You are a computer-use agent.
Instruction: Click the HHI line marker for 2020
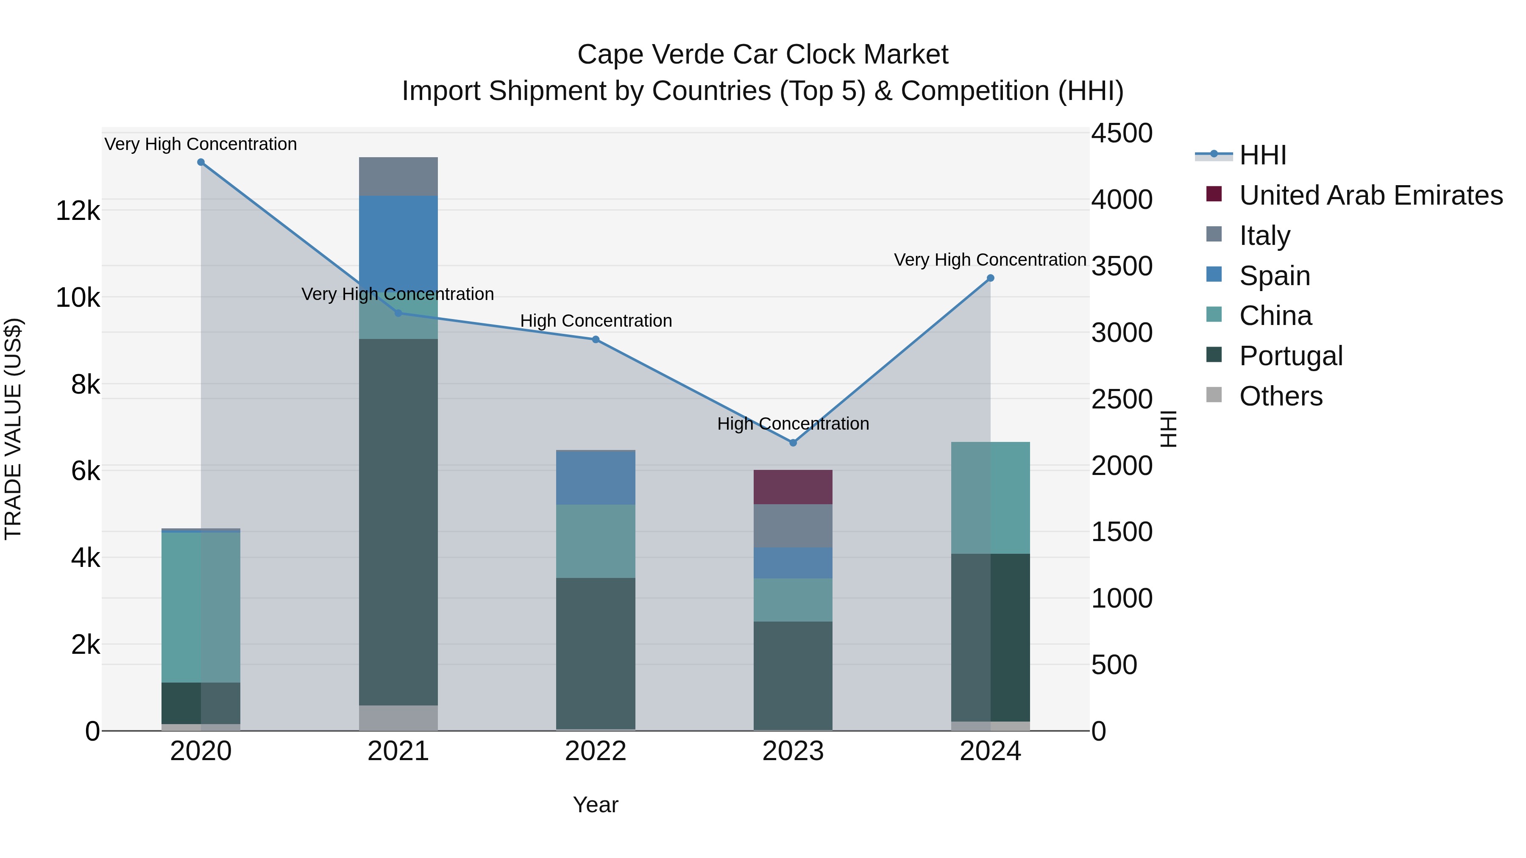click(201, 162)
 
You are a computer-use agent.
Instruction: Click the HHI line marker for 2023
click(793, 443)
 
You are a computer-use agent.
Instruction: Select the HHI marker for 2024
click(991, 278)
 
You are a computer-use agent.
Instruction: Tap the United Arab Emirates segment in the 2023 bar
click(793, 487)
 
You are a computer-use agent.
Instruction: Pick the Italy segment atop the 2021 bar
click(398, 176)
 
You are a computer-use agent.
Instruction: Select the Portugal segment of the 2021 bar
click(398, 521)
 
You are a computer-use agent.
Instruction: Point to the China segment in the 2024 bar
click(991, 498)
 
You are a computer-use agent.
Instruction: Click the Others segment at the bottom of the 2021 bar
click(398, 718)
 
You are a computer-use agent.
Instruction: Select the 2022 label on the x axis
click(596, 751)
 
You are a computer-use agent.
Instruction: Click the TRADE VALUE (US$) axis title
click(13, 429)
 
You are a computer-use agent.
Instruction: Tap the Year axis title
click(596, 805)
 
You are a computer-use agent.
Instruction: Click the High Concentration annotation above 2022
click(596, 321)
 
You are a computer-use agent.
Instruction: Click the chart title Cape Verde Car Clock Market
click(763, 55)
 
